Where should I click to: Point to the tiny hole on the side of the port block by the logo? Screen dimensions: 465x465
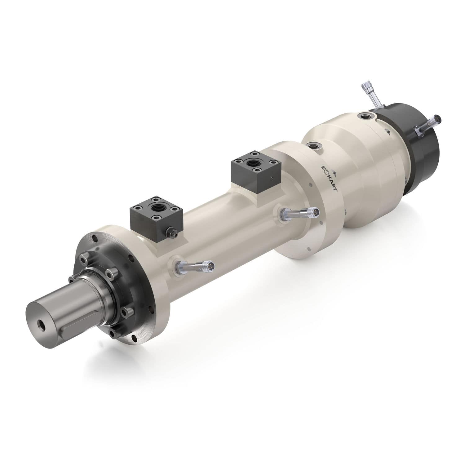pyautogui.click(x=271, y=178)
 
